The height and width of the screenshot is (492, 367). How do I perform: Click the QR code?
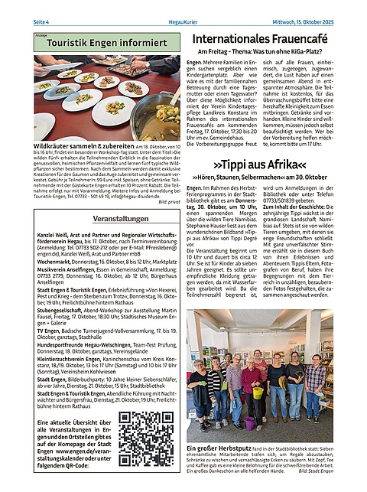(146, 438)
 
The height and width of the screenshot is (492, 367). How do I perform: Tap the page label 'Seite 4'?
(41, 20)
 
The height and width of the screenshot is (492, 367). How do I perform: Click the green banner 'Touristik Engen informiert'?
(103, 44)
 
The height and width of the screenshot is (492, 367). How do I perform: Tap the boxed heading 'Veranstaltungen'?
(104, 218)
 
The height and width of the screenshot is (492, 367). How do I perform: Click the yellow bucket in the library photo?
(259, 393)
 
